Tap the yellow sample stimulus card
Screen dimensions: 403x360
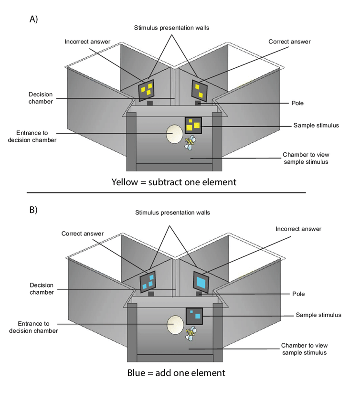coord(193,125)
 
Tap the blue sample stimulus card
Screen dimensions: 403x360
coord(194,315)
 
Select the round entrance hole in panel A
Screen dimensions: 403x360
coord(173,134)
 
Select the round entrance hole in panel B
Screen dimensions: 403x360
coord(175,325)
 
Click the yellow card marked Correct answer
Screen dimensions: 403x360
coord(199,90)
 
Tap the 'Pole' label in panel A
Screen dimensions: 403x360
coord(297,103)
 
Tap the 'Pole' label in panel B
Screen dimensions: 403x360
coord(298,294)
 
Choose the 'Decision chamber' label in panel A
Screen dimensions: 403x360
coord(41,97)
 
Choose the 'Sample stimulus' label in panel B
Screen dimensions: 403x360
coord(318,315)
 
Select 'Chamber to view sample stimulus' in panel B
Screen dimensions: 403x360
coord(304,349)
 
